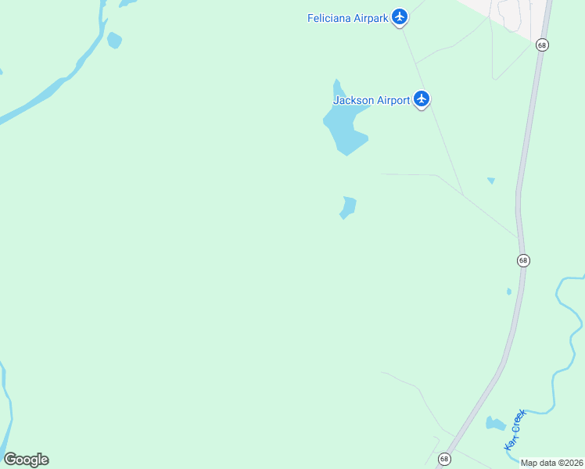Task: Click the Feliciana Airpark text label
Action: (347, 18)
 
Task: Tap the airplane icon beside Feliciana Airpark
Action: (400, 16)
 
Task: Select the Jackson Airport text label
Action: (371, 100)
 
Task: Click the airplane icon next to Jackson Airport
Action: (422, 98)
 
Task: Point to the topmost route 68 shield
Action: (542, 45)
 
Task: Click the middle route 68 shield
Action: (523, 260)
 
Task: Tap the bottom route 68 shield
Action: (444, 459)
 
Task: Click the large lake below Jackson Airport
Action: (344, 129)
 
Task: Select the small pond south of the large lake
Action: (348, 207)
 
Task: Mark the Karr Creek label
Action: (513, 430)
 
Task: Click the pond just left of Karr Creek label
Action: (494, 424)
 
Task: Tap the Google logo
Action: (26, 460)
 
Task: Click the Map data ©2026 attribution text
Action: (551, 463)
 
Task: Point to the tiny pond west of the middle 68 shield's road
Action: (509, 292)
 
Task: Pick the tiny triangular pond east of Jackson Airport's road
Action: (491, 181)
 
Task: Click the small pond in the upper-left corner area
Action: (115, 40)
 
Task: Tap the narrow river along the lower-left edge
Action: (7, 406)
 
